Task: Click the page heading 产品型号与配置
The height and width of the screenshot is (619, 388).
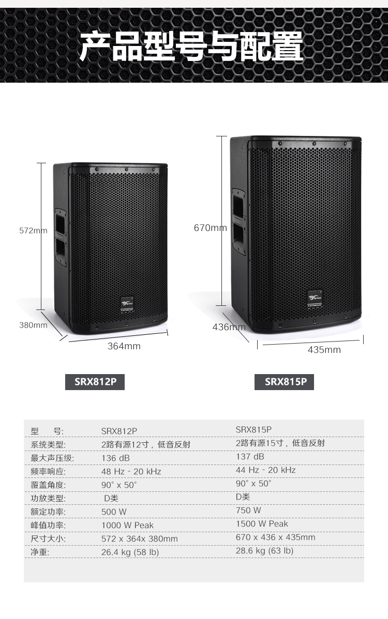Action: [191, 47]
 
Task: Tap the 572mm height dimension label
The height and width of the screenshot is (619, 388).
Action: [33, 230]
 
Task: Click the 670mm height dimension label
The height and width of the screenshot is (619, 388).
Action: [210, 228]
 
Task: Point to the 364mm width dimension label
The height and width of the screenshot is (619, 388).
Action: [124, 346]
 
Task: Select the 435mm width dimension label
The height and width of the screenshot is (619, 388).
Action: [324, 350]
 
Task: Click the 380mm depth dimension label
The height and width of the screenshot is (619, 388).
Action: [33, 326]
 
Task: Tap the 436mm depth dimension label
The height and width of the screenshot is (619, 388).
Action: [229, 327]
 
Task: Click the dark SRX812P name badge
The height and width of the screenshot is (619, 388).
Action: [95, 382]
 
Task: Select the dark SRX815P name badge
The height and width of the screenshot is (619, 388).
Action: [284, 382]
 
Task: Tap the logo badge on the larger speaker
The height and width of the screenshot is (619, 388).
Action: [315, 299]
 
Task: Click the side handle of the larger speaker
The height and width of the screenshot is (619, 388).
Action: [238, 220]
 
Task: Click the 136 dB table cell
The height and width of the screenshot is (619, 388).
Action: [115, 458]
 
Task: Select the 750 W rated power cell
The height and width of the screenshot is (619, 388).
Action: [248, 510]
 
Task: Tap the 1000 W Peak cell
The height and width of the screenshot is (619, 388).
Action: [127, 525]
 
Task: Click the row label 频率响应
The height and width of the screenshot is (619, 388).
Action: [48, 472]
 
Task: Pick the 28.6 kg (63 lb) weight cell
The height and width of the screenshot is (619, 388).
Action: [265, 551]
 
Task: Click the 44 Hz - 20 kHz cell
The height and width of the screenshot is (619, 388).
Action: [265, 470]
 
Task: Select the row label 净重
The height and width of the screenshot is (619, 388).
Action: [40, 552]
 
